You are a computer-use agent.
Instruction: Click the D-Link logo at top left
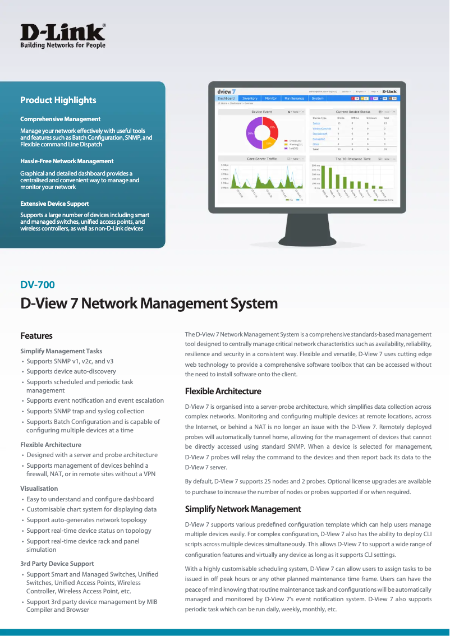[x=63, y=35]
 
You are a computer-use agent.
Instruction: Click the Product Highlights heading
[x=58, y=100]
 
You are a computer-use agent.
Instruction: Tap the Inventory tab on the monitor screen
[x=250, y=98]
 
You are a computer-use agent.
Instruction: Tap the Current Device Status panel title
[x=352, y=112]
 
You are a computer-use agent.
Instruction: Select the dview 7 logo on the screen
[x=226, y=91]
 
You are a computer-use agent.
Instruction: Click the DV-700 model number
[x=38, y=285]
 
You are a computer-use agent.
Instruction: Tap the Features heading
[x=36, y=336]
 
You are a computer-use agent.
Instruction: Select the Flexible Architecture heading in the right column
[x=223, y=391]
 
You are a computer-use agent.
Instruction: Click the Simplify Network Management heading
[x=243, y=509]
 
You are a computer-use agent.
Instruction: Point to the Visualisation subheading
[x=39, y=488]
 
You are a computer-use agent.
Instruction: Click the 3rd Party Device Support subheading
[x=57, y=564]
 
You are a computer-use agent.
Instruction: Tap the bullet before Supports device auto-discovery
[x=22, y=372]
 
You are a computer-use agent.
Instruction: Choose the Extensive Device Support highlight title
[x=54, y=204]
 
